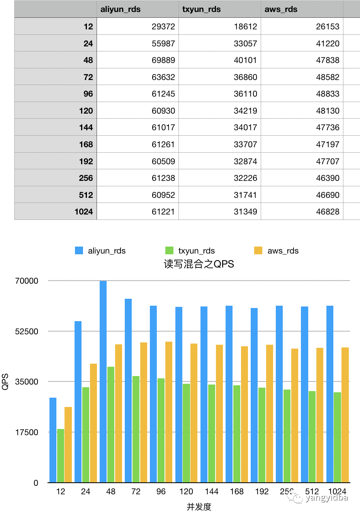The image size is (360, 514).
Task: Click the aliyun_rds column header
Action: click(121, 9)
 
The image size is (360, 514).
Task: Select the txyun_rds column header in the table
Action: click(202, 9)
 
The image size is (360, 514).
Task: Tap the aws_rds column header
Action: click(281, 9)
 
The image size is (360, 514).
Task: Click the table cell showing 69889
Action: click(163, 60)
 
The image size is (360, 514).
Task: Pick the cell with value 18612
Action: click(245, 27)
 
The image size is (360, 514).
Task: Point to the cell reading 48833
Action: click(328, 94)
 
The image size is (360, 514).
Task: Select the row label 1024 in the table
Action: click(84, 212)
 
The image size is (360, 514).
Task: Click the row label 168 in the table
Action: click(86, 145)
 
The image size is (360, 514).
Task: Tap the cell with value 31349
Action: click(245, 212)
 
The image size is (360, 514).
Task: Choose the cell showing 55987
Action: click(163, 44)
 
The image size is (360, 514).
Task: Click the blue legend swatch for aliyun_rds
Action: click(79, 250)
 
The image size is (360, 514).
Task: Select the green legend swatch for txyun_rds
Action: click(169, 250)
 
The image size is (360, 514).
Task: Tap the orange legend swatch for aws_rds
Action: click(258, 250)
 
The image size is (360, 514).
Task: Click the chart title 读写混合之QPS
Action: click(199, 264)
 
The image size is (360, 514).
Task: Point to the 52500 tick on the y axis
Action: click(27, 332)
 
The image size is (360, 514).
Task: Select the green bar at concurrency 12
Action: click(61, 456)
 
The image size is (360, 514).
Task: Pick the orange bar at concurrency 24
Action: click(93, 423)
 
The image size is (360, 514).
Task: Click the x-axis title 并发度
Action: click(199, 507)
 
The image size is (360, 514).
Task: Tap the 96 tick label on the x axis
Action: click(161, 492)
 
